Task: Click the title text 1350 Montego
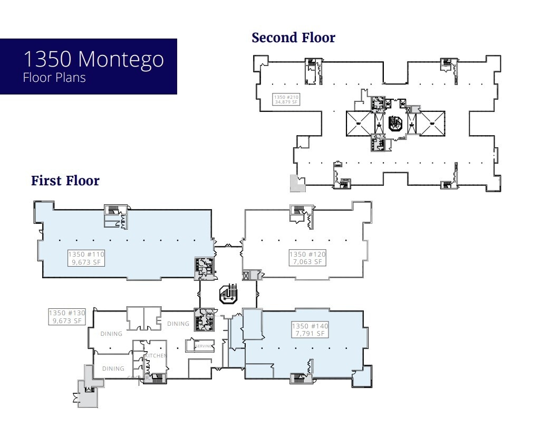pyautogui.click(x=93, y=59)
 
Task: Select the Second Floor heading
pyautogui.click(x=293, y=38)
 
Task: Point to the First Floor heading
pyautogui.click(x=65, y=181)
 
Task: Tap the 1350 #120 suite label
pyautogui.click(x=307, y=254)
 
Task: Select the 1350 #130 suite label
pyautogui.click(x=66, y=313)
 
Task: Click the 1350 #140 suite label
pyautogui.click(x=310, y=326)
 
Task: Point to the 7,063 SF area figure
pyautogui.click(x=307, y=262)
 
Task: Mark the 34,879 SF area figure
pyautogui.click(x=286, y=102)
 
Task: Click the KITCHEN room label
pyautogui.click(x=156, y=356)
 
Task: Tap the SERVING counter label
pyautogui.click(x=204, y=346)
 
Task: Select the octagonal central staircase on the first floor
pyautogui.click(x=228, y=294)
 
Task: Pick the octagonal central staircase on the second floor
pyautogui.click(x=395, y=124)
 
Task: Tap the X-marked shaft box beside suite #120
pyautogui.click(x=246, y=275)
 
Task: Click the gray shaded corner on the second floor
pyautogui.click(x=296, y=183)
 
